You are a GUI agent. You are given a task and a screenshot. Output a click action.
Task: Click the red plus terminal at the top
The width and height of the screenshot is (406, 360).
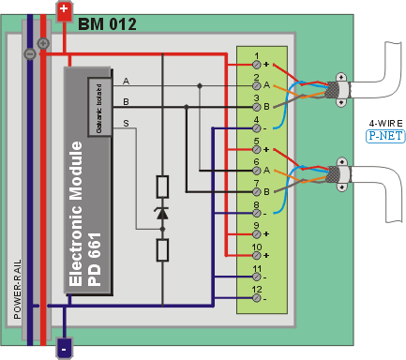(x=64, y=10)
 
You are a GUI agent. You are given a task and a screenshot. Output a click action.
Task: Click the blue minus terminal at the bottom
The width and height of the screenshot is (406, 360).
(x=64, y=348)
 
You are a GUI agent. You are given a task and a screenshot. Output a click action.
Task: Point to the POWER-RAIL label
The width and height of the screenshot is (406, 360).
(x=18, y=291)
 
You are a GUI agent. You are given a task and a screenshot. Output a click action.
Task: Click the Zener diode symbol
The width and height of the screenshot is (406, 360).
(x=162, y=214)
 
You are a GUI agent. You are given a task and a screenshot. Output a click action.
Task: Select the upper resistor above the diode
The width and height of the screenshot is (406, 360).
(x=162, y=187)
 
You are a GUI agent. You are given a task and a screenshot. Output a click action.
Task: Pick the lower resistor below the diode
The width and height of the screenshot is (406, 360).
(x=162, y=249)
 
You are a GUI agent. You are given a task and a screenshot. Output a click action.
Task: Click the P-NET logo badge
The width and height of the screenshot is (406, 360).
(x=383, y=135)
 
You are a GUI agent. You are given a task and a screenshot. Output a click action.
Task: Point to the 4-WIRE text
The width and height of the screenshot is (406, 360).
(x=384, y=122)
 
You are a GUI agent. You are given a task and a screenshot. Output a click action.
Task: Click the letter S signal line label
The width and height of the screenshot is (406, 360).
(x=127, y=123)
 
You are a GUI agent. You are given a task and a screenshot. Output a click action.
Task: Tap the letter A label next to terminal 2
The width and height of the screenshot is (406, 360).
(x=266, y=85)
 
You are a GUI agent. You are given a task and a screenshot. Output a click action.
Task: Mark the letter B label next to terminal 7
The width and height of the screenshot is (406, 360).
(x=266, y=190)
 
